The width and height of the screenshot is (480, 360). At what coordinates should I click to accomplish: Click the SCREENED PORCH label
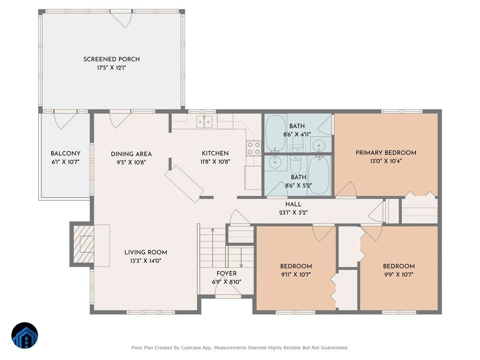(112, 59)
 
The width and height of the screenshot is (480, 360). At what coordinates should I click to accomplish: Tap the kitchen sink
(204, 122)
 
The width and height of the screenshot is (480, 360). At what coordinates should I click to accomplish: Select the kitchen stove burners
(254, 148)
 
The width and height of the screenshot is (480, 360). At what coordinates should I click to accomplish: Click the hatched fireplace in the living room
(84, 244)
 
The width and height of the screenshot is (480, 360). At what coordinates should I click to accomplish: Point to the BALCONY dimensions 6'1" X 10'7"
(65, 162)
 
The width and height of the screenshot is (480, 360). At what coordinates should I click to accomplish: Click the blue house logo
(25, 335)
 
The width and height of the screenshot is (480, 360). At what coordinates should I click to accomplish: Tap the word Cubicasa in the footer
(190, 348)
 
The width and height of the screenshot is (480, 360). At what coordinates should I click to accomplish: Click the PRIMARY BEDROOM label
(386, 153)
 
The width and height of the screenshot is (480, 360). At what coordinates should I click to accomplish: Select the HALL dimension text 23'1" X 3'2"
(293, 212)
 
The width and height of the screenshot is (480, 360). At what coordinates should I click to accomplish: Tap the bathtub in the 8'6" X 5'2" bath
(318, 175)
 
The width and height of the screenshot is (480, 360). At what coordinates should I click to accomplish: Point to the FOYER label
(226, 274)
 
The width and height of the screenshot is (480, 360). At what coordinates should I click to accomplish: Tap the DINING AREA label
(131, 154)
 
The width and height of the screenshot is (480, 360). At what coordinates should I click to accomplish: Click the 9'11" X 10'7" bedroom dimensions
(296, 274)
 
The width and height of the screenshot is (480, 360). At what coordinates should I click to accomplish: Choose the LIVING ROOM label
(146, 252)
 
